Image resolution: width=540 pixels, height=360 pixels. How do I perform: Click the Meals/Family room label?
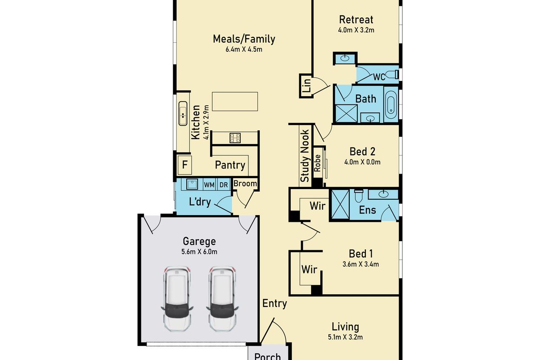(244, 39)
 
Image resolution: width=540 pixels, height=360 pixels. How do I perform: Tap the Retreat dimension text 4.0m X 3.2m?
(356, 31)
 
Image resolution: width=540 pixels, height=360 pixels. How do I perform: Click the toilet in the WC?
(392, 74)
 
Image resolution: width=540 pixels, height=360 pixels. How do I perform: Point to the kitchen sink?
(183, 113)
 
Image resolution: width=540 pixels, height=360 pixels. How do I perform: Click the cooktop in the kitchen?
(235, 138)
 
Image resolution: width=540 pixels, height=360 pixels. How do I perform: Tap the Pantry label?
(230, 165)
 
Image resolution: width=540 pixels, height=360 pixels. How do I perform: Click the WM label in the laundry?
(209, 184)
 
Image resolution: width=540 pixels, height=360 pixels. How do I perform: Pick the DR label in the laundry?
(223, 184)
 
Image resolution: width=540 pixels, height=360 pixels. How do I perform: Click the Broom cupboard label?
(245, 184)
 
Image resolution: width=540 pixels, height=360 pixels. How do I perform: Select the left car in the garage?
(176, 298)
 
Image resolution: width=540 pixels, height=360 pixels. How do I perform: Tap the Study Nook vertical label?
(305, 155)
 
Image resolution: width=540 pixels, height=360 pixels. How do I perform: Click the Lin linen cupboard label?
(306, 85)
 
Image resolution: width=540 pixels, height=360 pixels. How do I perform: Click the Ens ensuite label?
(367, 210)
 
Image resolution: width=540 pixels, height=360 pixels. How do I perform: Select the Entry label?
(274, 303)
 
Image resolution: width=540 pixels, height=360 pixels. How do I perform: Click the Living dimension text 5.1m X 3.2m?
(345, 337)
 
